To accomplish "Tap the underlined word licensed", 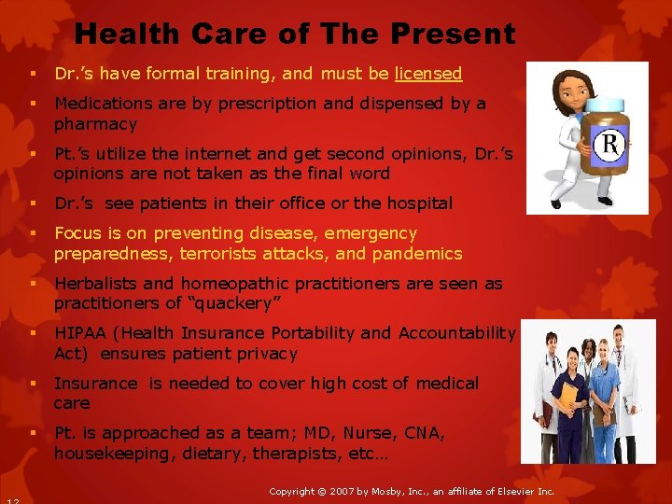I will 428,74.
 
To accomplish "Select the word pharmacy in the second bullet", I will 95,124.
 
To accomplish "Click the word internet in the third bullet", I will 217,154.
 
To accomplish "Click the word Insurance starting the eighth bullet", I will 93,384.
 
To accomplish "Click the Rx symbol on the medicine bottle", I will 609,147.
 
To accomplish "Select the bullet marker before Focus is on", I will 33,233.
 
